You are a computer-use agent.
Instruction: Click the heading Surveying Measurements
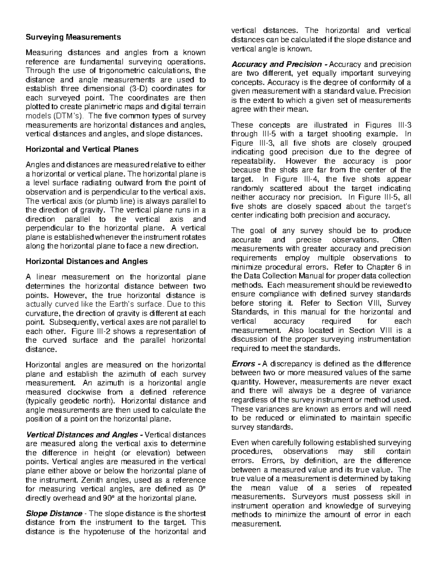[x=73, y=37]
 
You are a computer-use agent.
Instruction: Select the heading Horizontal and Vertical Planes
[x=82, y=149]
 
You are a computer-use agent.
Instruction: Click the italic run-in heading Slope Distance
[x=54, y=514]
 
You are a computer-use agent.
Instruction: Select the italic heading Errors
[x=243, y=364]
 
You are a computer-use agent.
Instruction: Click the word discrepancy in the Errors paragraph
[x=290, y=364]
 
